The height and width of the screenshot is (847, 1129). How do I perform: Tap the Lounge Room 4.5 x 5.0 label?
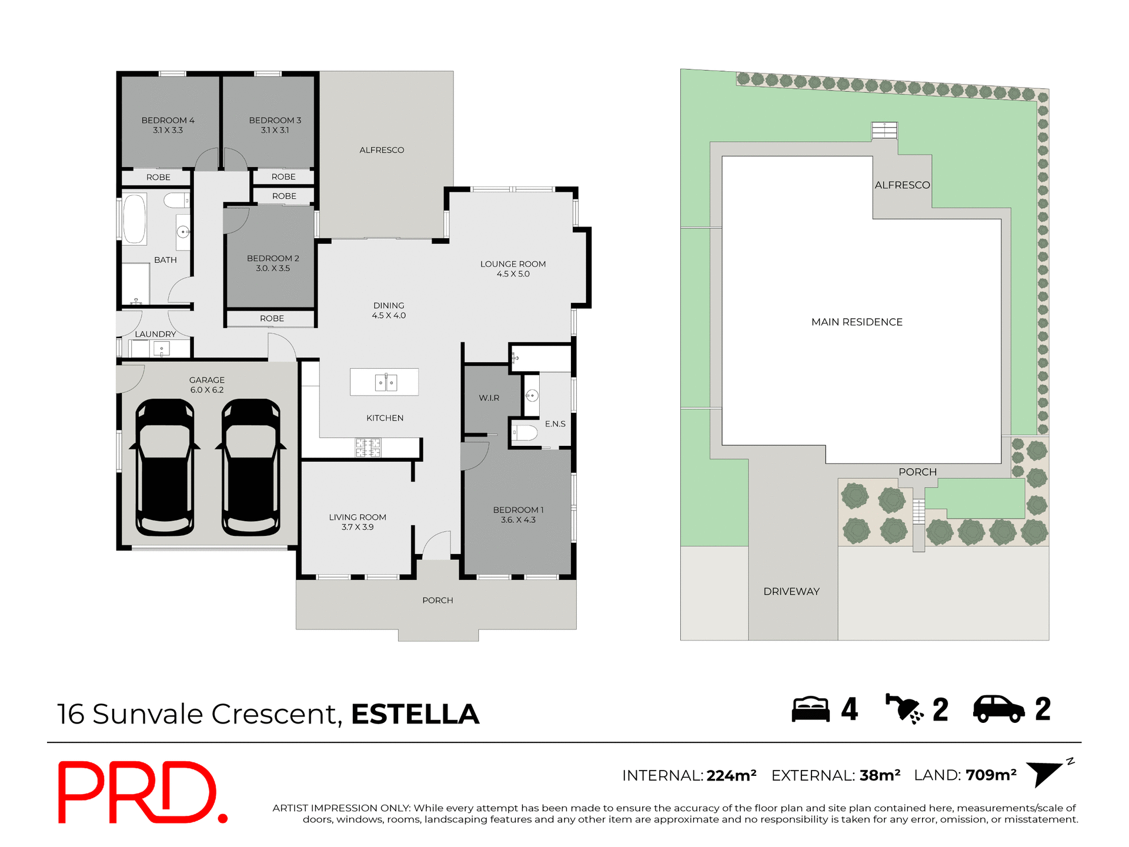point(513,269)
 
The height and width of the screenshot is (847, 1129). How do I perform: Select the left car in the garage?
point(165,468)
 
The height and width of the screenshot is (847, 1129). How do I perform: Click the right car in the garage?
point(251,468)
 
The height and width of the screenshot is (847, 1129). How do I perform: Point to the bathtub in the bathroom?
point(135,218)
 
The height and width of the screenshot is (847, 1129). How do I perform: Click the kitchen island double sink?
point(386,383)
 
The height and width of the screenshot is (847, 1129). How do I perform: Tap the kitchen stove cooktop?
point(368,448)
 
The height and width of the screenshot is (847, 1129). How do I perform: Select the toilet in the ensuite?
point(525,433)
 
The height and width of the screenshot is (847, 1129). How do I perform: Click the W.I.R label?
point(489,398)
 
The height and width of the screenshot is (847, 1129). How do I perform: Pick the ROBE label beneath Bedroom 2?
point(272,318)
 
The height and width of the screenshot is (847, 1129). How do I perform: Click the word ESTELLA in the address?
point(415,714)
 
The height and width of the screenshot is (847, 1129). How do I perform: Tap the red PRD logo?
point(141,792)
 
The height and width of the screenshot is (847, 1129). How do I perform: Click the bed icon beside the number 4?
point(810,709)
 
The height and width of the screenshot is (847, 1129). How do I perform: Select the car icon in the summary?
point(998,709)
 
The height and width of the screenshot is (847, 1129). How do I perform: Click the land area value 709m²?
point(991,775)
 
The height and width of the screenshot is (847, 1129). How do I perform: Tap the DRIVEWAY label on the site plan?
point(791,592)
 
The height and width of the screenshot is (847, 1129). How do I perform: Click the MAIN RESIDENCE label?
point(857,322)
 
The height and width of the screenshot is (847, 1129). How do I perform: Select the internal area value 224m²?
point(731,776)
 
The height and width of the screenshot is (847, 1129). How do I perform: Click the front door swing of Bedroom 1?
point(474,456)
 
